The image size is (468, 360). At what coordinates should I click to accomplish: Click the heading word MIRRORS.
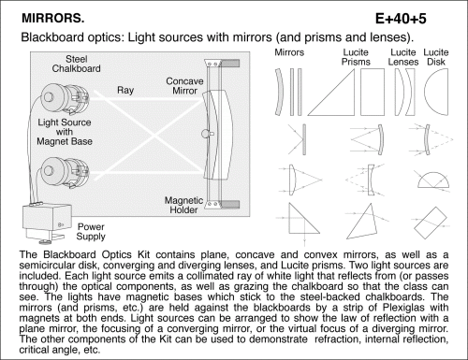[52, 18]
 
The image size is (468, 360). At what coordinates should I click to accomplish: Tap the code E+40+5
[401, 19]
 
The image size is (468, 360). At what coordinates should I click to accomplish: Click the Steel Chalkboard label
[76, 64]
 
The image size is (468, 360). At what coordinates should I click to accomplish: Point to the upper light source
[65, 98]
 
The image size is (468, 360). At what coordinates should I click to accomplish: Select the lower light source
[65, 172]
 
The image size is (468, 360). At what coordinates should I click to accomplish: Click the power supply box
[47, 223]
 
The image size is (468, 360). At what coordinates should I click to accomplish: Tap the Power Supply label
[91, 232]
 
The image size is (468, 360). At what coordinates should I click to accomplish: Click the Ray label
[125, 90]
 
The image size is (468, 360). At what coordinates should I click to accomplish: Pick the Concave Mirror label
[184, 86]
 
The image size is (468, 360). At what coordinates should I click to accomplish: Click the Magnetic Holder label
[183, 205]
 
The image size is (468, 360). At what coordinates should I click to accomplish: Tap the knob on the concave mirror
[208, 134]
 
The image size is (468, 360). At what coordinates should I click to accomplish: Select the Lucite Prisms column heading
[356, 57]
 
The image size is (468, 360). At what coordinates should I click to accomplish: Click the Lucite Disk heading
[436, 57]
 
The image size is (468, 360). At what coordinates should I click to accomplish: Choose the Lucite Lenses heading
[403, 57]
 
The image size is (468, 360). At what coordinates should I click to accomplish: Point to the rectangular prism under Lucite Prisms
[373, 93]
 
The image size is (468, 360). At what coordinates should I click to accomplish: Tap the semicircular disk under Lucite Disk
[436, 93]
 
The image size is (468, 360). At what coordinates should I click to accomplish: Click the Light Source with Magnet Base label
[65, 132]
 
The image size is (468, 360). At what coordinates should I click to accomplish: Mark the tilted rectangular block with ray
[431, 223]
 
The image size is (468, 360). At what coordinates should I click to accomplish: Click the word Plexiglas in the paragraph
[403, 308]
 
